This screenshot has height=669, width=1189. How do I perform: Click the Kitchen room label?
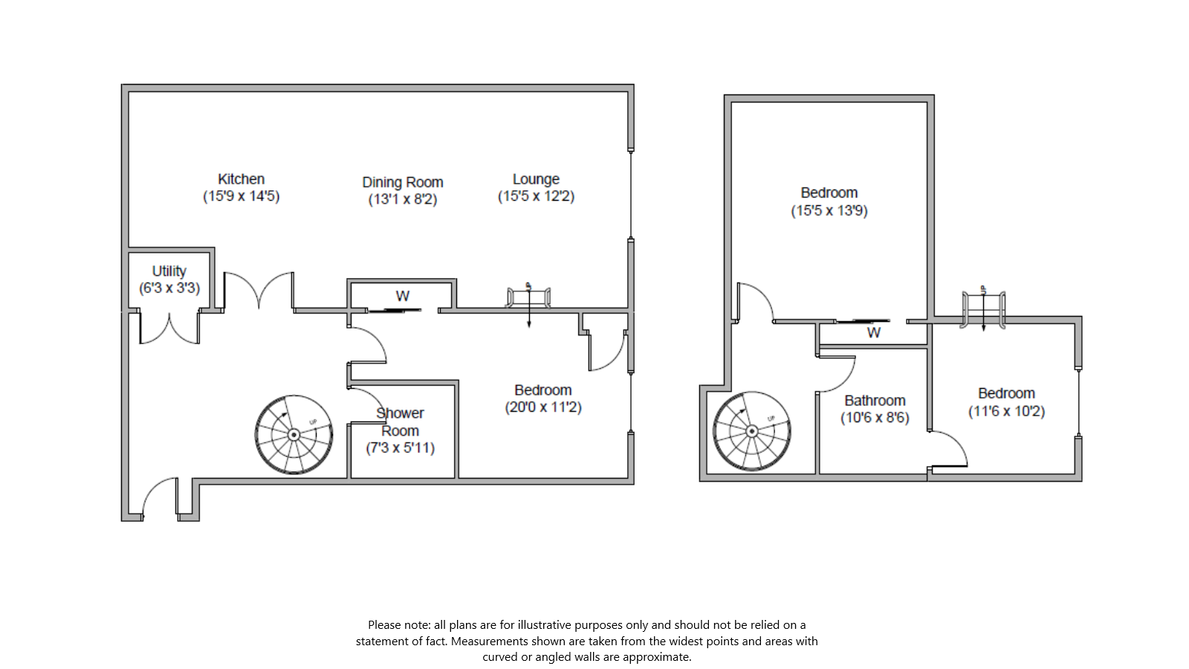[241, 179]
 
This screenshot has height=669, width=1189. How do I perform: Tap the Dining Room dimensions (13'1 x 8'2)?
[402, 199]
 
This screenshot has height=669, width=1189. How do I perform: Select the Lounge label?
[536, 179]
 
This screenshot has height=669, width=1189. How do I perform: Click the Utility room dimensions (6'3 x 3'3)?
[169, 288]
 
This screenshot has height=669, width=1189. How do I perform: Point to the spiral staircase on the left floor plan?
[294, 434]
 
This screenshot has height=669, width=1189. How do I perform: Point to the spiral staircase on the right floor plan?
[751, 430]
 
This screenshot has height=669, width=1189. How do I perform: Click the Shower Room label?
[400, 421]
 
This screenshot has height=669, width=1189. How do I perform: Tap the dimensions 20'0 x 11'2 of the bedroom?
[543, 407]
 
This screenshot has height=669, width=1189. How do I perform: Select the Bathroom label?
[875, 401]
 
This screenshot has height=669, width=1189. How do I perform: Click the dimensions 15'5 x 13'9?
[829, 210]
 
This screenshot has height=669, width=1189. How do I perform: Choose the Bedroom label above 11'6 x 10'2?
[1006, 393]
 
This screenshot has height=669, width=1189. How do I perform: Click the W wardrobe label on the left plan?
[402, 296]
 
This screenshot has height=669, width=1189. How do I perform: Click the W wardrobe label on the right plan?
[873, 332]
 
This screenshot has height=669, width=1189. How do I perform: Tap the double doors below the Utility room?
[169, 329]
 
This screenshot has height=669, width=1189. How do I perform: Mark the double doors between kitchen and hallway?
[259, 290]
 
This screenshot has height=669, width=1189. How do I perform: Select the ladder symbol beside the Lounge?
[528, 298]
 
